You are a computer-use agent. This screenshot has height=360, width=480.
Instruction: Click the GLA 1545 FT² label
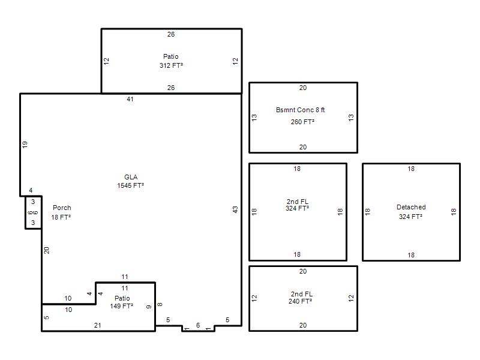[x=130, y=181]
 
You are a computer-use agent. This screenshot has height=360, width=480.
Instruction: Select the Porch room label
[x=62, y=208]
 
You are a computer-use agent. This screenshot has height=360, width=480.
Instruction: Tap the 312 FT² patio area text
[x=171, y=65]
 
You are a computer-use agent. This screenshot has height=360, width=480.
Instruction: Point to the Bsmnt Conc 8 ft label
[x=301, y=110]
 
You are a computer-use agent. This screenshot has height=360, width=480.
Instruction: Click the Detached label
[x=411, y=207]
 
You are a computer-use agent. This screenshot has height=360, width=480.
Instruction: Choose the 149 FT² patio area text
[x=122, y=306]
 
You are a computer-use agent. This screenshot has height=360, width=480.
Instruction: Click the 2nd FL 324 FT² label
[x=297, y=205]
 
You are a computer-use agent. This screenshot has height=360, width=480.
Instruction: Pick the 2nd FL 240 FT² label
[x=301, y=298]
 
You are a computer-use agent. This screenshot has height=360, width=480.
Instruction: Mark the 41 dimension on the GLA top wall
[x=130, y=99]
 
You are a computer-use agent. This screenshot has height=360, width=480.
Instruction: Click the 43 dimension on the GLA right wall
[x=235, y=209]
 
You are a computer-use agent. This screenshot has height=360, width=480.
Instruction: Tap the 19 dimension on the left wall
[x=25, y=145]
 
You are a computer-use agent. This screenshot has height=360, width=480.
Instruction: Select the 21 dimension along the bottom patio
[x=98, y=325]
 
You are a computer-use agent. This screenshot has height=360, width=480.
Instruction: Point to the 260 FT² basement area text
[x=302, y=122]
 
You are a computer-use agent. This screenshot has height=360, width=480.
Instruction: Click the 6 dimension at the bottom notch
[x=198, y=325]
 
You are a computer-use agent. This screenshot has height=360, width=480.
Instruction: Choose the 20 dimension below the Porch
[x=47, y=250]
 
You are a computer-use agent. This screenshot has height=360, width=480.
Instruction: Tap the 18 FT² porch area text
[x=61, y=217]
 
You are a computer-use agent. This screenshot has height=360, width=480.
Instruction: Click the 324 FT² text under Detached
[x=410, y=217]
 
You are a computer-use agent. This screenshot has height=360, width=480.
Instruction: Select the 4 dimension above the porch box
[x=31, y=190]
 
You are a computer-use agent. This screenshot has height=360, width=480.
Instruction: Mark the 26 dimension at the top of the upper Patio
[x=171, y=34]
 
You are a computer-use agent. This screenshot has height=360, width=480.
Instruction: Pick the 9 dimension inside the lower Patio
[x=149, y=307]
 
